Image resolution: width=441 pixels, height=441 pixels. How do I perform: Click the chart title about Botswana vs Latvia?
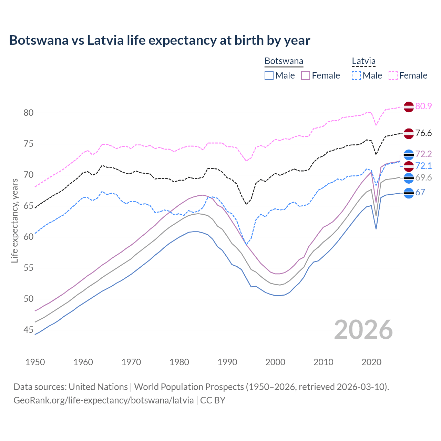[x=160, y=40]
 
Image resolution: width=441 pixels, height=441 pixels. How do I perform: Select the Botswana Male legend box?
[x=269, y=75]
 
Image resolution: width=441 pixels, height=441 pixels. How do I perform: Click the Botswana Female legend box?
[x=306, y=75]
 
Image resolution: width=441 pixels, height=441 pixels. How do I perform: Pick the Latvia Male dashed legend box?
[x=356, y=75]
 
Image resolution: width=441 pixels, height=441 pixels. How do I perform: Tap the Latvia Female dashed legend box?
[x=393, y=75]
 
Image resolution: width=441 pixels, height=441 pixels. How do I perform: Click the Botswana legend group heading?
[x=284, y=61]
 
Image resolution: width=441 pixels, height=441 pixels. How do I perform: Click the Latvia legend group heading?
[x=363, y=61]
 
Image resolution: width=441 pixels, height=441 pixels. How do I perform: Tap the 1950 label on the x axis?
[x=35, y=362]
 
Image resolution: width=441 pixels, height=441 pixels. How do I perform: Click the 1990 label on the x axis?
[x=227, y=362]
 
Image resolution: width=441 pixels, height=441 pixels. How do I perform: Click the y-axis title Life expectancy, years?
[x=14, y=220]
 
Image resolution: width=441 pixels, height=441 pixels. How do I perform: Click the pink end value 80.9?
[x=423, y=106]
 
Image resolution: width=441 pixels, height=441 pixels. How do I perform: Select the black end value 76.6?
[x=423, y=133]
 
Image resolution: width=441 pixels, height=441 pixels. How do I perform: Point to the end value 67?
[x=420, y=193]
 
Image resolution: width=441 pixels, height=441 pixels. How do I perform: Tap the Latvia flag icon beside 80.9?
[x=409, y=107]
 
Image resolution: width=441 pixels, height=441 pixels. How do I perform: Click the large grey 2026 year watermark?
[x=363, y=330]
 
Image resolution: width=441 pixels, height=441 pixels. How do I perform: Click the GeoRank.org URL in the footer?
[x=103, y=400]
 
